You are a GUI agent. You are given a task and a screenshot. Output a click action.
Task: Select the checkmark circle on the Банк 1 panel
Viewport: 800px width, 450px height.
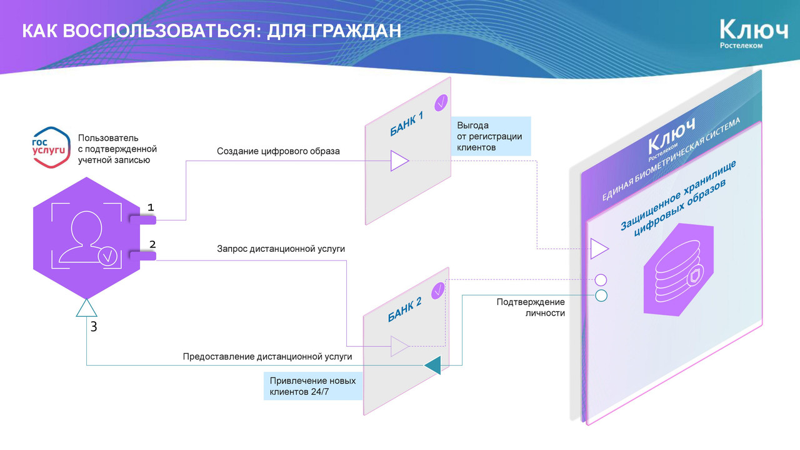pyautogui.click(x=442, y=101)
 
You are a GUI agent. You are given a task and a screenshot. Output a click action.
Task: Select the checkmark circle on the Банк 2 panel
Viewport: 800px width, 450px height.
pyautogui.click(x=439, y=289)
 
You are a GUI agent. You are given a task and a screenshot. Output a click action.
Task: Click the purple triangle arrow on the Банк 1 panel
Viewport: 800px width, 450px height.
pyautogui.click(x=399, y=161)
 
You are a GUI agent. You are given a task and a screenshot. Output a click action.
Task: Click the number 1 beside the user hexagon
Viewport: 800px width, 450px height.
pyautogui.click(x=151, y=207)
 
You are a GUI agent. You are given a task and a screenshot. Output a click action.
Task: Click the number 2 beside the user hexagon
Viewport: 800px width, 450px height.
pyautogui.click(x=152, y=244)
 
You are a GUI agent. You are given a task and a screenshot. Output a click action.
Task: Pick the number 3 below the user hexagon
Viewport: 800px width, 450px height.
pyautogui.click(x=94, y=326)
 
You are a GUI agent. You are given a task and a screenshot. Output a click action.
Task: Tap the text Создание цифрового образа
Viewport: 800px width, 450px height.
pyautogui.click(x=279, y=151)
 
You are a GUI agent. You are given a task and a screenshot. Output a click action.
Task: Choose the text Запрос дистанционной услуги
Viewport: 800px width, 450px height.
pyautogui.click(x=281, y=249)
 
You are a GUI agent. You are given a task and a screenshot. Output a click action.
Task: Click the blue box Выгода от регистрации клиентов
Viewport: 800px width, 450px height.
pyautogui.click(x=491, y=136)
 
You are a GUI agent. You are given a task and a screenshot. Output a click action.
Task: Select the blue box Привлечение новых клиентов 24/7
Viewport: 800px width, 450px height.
pyautogui.click(x=312, y=386)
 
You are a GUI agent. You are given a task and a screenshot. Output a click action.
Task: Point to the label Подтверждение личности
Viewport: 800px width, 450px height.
pyautogui.click(x=531, y=307)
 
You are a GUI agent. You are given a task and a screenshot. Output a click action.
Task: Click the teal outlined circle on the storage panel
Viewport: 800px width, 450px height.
pyautogui.click(x=601, y=296)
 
